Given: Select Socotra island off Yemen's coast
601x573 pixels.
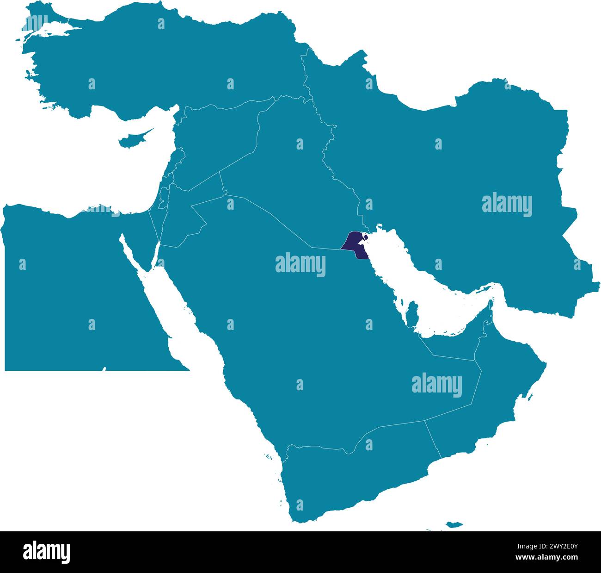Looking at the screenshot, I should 454,524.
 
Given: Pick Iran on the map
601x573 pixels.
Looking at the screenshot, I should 462,176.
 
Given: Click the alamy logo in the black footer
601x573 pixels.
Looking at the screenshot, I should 46,552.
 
